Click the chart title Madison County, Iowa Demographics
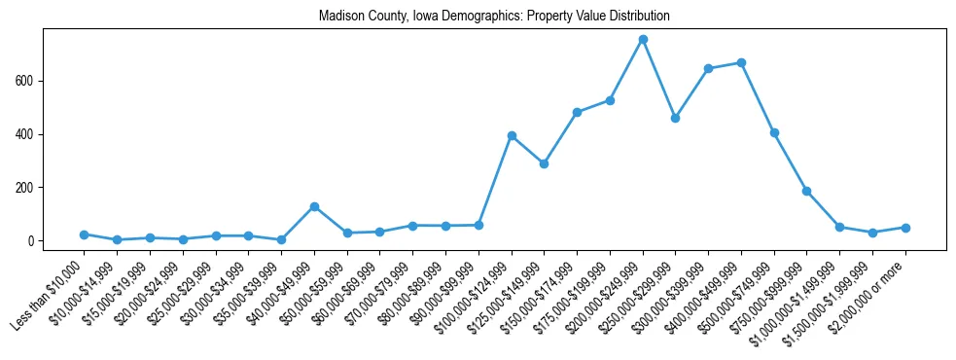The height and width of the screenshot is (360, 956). pos(494,17)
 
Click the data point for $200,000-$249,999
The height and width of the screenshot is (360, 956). pos(643,39)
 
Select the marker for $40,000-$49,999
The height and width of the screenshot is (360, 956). pos(314,206)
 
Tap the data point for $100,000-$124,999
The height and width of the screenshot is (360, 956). pos(512,135)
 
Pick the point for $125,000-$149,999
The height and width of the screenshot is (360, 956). pos(544,163)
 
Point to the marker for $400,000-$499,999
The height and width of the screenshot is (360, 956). pos(741,62)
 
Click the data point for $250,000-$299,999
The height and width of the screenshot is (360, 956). pos(675,118)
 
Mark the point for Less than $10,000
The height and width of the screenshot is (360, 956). pos(85,234)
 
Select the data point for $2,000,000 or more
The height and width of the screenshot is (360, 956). pos(905,228)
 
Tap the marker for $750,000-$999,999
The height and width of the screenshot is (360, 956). pos(806,191)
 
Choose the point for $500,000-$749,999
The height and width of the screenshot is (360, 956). pos(774,132)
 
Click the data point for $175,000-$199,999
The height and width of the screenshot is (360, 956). pos(610,100)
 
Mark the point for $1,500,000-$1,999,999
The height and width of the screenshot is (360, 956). pos(872,233)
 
